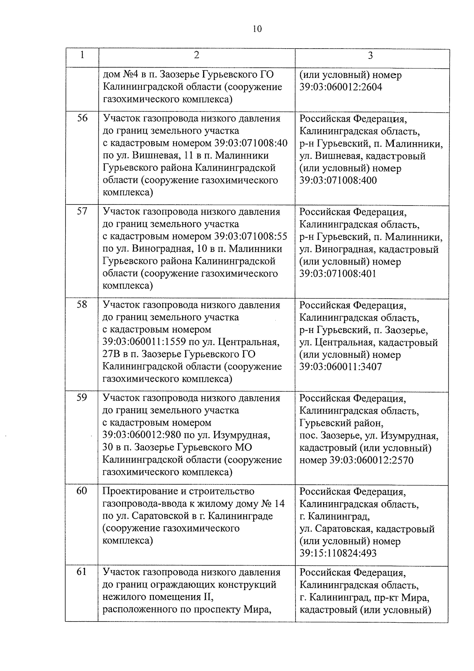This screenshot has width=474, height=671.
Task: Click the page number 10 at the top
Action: (256, 29)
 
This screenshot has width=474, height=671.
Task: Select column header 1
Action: (82, 55)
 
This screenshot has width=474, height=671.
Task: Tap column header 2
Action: (196, 55)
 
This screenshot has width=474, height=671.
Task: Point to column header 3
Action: (370, 56)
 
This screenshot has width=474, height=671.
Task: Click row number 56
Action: (82, 118)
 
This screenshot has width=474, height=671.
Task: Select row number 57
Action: (82, 211)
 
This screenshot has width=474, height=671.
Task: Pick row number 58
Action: (82, 304)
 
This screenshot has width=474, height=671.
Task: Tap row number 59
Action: (82, 397)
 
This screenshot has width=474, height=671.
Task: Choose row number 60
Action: (82, 491)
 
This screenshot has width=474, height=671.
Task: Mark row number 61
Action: (82, 572)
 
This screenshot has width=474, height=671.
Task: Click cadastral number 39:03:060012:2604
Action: (341, 87)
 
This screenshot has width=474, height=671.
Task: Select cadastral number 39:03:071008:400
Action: (338, 181)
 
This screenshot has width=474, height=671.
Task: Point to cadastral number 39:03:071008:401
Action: (338, 274)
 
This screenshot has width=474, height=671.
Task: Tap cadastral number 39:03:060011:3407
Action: (341, 367)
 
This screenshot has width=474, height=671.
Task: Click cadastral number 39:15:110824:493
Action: (338, 553)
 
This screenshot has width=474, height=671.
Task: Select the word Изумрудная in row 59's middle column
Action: (242, 435)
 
